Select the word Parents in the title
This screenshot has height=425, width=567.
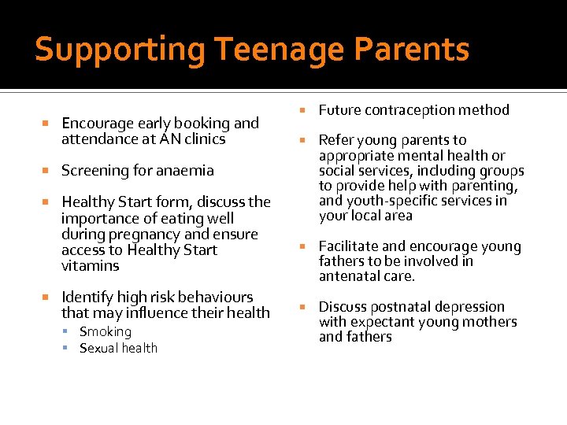[416, 50]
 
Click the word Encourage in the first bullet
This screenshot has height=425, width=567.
[97, 124]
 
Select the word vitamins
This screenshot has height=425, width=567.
[90, 266]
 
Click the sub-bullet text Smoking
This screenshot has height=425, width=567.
[106, 332]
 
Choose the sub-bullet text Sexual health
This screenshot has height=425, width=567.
[118, 348]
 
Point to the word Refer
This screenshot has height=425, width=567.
[336, 140]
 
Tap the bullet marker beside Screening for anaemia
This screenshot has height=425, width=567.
[46, 171]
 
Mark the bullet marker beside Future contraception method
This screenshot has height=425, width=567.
[303, 110]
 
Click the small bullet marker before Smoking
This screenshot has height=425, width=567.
[70, 332]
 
